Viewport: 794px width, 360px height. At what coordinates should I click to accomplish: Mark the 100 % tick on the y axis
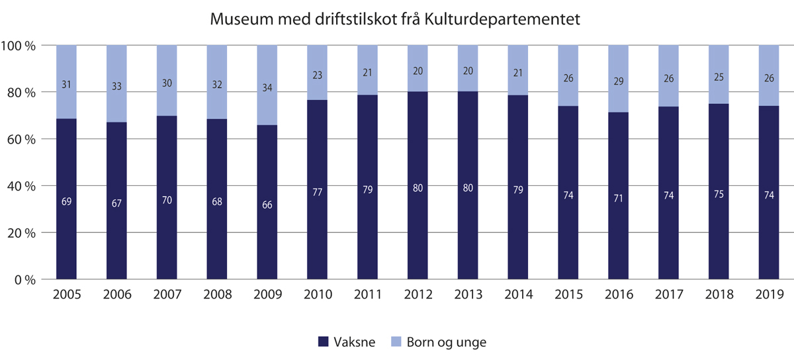pyautogui.click(x=21, y=46)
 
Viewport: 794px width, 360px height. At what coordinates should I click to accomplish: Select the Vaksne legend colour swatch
pyautogui.click(x=324, y=342)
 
